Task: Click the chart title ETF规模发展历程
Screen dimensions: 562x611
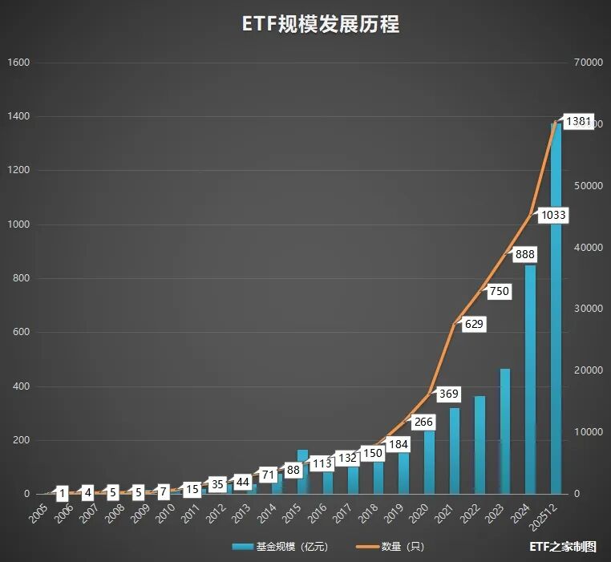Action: click(321, 25)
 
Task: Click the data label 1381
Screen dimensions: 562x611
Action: click(578, 121)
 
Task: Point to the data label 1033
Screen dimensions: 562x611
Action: click(553, 215)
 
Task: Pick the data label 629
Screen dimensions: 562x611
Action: click(474, 324)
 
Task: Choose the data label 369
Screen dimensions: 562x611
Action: click(448, 394)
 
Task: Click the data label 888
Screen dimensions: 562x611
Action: click(525, 254)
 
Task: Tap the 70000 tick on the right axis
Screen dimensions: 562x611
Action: click(589, 63)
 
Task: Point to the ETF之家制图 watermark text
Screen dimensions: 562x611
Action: click(563, 547)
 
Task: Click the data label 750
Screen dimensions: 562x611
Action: click(499, 292)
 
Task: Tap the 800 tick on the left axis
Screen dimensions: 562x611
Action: click(22, 278)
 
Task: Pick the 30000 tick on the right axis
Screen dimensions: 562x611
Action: click(589, 309)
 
